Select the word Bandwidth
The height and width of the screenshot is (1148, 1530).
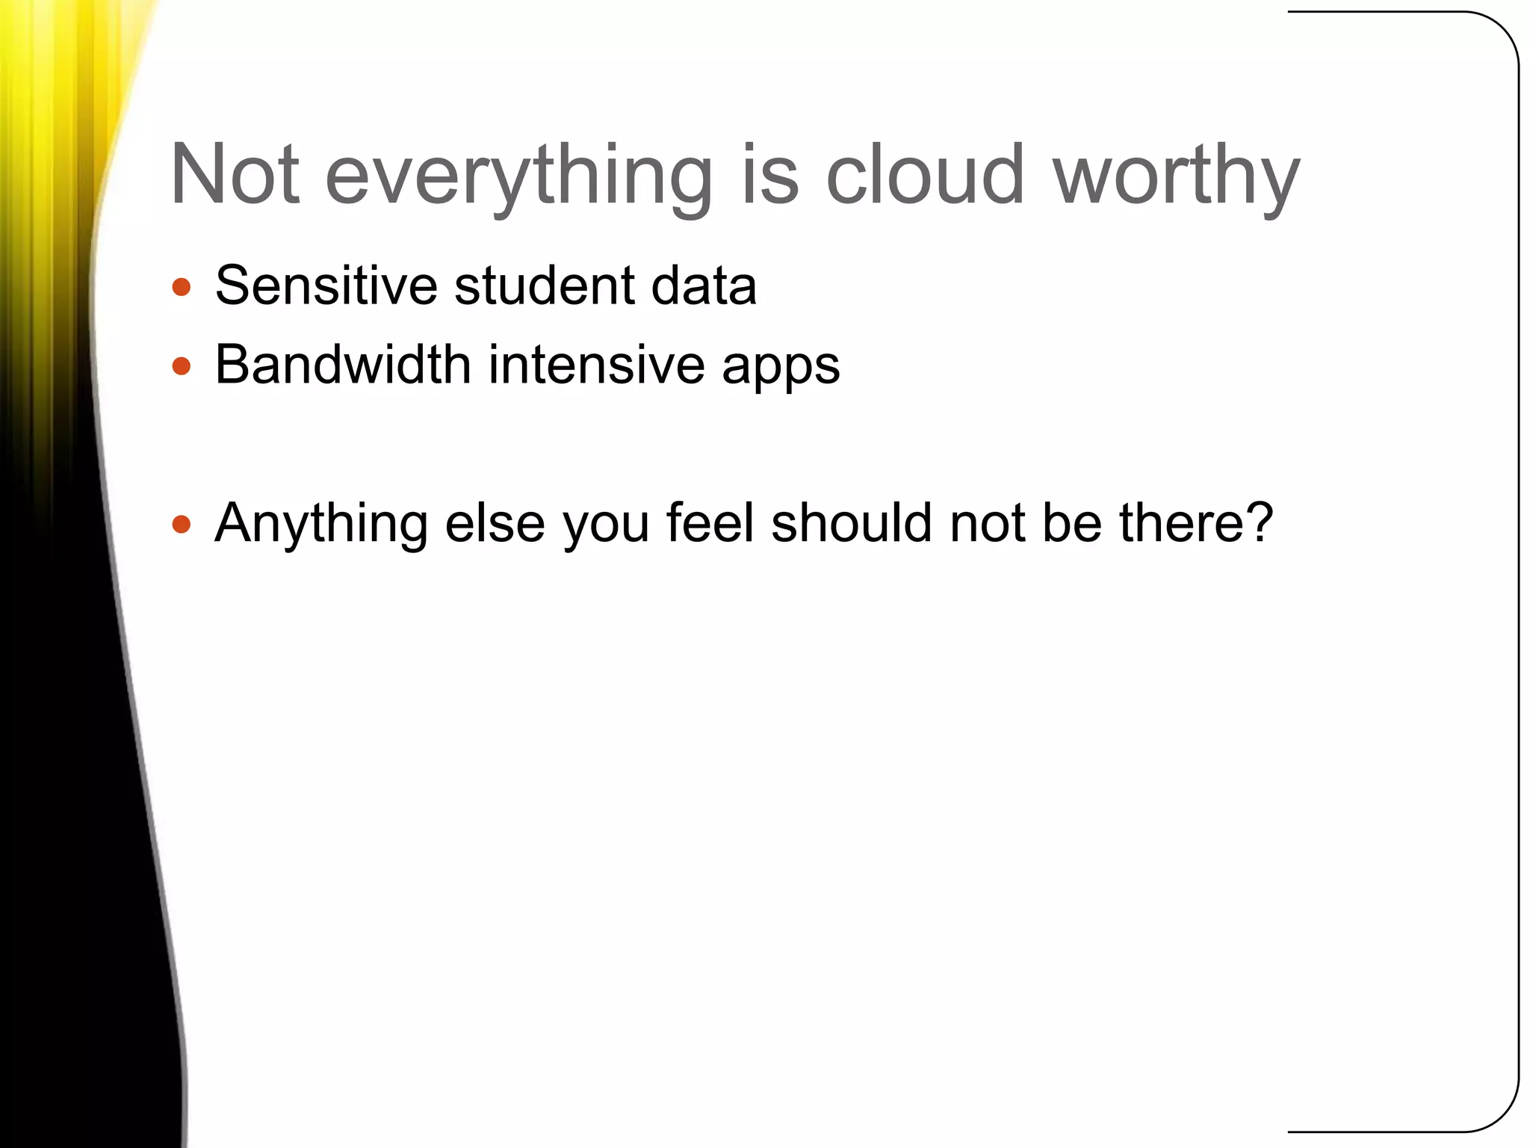343,365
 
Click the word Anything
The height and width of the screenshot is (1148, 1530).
321,525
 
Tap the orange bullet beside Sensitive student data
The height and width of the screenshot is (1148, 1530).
182,287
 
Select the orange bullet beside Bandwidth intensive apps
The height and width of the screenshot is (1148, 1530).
182,366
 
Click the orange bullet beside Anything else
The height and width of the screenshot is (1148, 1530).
182,524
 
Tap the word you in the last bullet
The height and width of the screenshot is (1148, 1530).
606,526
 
